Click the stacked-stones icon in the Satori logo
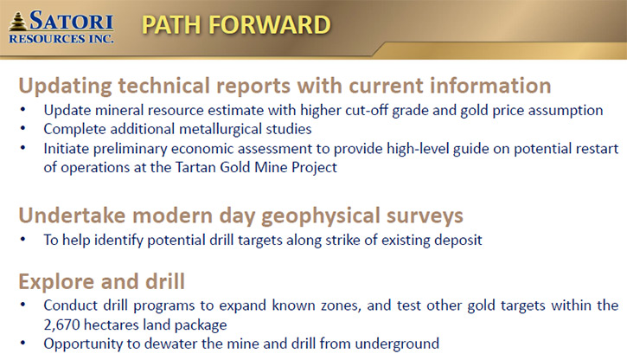18,21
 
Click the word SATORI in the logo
71,21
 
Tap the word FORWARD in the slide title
270,25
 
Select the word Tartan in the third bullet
195,167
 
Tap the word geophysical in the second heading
321,216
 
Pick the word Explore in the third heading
54,281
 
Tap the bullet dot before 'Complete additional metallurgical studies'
22,129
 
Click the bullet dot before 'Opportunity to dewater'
22,344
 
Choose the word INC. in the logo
101,39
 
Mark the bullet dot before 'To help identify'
22,239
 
